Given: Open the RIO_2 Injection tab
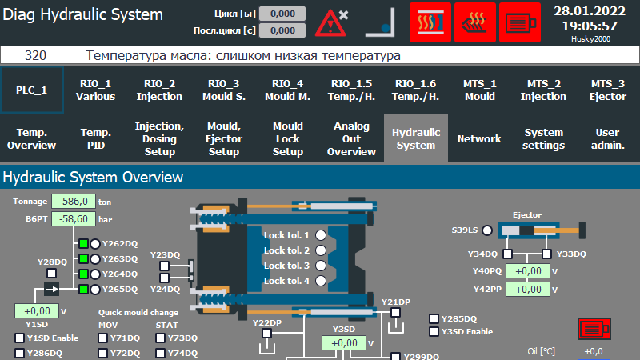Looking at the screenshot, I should point(160,90).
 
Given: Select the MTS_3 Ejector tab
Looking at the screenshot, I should point(608,90).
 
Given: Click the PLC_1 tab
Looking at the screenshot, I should point(31,90).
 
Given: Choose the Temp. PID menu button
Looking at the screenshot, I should point(96,139).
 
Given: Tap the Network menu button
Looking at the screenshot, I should point(479,139).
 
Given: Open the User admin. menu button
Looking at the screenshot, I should point(608,139).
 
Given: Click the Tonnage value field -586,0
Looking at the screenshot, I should point(74,202).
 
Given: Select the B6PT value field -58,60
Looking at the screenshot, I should point(74,218).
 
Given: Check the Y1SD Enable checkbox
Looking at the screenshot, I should point(20,338).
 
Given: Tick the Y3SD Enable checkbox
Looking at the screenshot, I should point(434,331).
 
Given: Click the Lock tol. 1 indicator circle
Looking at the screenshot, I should point(321,235).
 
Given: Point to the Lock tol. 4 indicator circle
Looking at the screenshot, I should point(321,281).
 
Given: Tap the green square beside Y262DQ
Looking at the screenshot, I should point(82,244).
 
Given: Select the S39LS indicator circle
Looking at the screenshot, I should point(486,230).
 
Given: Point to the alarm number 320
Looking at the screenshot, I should point(35,56).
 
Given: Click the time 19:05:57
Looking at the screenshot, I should point(589,26).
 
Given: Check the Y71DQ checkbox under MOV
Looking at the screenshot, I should point(103,338).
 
